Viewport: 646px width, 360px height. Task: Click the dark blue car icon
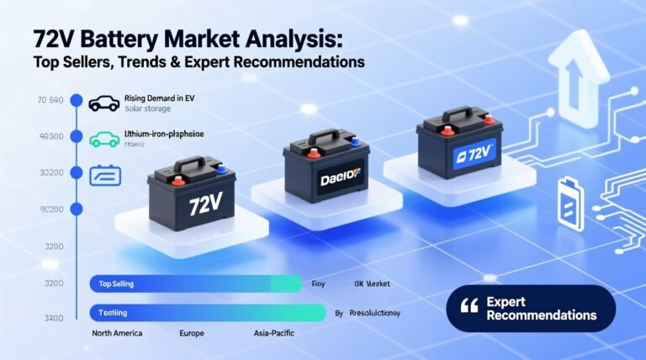click(103, 103)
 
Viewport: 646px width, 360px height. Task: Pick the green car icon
click(103, 139)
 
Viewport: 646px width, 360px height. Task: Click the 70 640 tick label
click(51, 101)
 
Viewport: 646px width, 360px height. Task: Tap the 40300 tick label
click(51, 136)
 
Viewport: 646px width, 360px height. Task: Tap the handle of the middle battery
click(325, 135)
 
